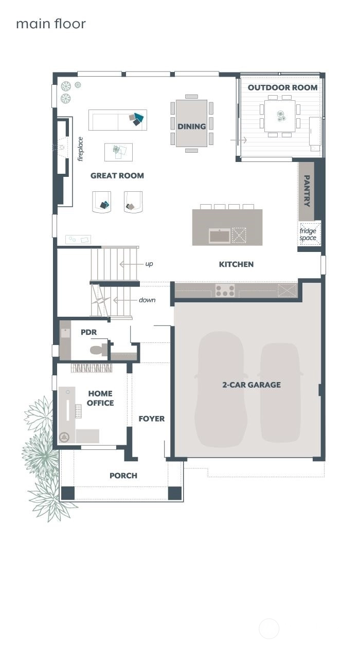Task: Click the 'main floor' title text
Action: [x=51, y=24]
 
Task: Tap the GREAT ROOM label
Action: [x=117, y=175]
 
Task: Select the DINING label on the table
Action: [x=191, y=126]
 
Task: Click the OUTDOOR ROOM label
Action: [x=282, y=87]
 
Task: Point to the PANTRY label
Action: [x=307, y=191]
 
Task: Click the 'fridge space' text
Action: [x=308, y=234]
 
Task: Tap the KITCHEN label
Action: [x=236, y=264]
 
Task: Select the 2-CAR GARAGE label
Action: [x=251, y=385]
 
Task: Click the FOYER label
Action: [x=152, y=419]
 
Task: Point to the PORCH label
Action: [x=123, y=476]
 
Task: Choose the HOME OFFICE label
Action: [x=100, y=398]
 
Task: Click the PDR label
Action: [x=88, y=332]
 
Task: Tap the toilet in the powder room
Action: [x=99, y=350]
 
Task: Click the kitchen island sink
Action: [x=220, y=235]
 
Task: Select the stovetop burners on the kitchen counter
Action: [x=225, y=291]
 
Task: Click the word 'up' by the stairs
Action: [x=149, y=264]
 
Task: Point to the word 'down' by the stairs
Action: [x=147, y=300]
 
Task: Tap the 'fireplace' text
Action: [x=80, y=149]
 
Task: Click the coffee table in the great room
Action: [x=118, y=152]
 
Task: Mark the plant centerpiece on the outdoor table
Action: [x=281, y=116]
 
